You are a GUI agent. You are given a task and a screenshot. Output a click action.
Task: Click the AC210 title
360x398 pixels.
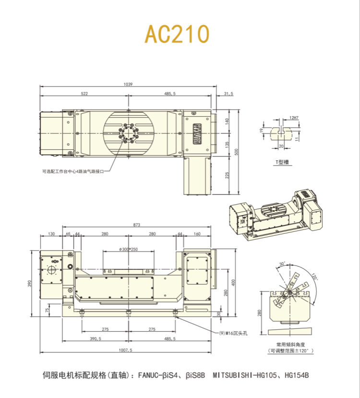click(x=178, y=34)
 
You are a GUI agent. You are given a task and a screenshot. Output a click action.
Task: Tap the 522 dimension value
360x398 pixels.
click(x=84, y=94)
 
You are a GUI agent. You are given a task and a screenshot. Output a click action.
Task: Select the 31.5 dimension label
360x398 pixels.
click(x=228, y=94)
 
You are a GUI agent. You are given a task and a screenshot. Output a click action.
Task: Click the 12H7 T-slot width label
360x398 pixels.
click(x=294, y=118)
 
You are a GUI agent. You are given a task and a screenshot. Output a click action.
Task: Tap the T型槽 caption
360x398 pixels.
click(x=282, y=162)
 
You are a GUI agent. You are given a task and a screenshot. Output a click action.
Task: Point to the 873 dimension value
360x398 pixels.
click(x=137, y=225)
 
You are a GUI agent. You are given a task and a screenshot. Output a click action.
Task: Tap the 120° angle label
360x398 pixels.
click(x=315, y=277)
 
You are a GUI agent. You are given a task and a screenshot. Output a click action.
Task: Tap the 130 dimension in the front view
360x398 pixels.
click(x=51, y=234)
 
